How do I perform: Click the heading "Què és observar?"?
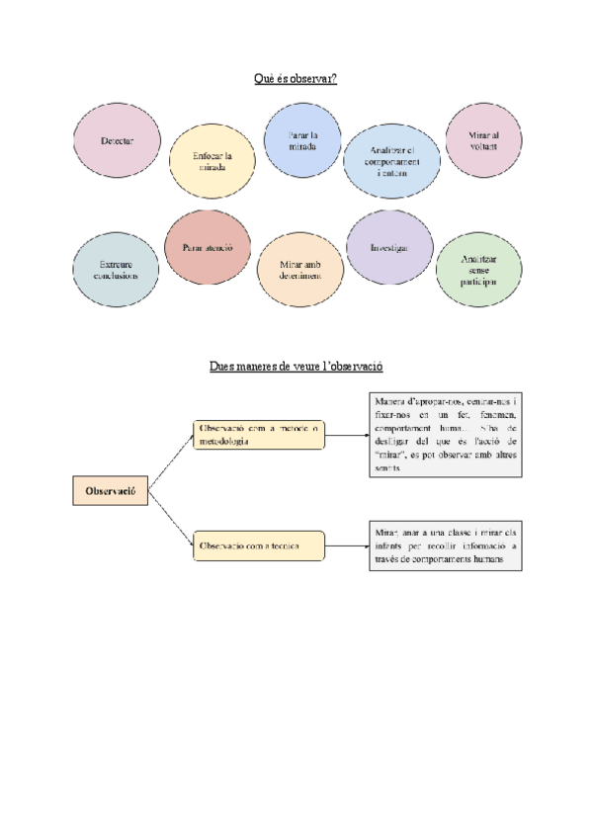click(x=296, y=78)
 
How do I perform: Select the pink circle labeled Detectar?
click(x=117, y=141)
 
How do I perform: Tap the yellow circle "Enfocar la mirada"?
click(x=212, y=161)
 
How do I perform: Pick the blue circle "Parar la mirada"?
click(x=302, y=140)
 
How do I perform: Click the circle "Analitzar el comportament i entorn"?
click(x=391, y=161)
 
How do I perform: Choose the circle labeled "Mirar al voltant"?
click(x=484, y=140)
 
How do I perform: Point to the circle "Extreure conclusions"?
click(x=116, y=270)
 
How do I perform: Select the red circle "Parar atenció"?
click(x=207, y=247)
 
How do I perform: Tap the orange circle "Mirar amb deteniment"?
click(x=300, y=270)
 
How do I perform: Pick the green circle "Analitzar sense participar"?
click(x=478, y=270)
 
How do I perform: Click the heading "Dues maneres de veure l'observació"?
click(x=296, y=367)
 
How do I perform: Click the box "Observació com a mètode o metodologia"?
click(x=259, y=435)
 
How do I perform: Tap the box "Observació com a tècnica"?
click(x=259, y=545)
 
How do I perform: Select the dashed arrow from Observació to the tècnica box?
click(x=171, y=520)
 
